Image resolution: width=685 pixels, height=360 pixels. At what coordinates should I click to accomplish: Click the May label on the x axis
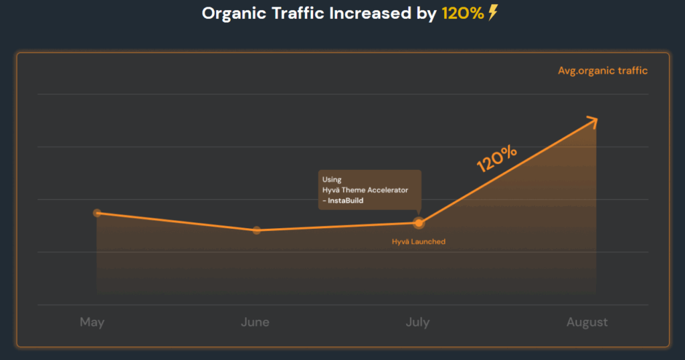pyautogui.click(x=92, y=322)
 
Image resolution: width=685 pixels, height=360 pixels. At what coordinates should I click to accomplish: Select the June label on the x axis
pyautogui.click(x=255, y=322)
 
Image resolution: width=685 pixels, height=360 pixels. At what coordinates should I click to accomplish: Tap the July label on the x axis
pyautogui.click(x=417, y=322)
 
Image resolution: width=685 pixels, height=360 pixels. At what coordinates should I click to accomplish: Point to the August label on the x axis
pyautogui.click(x=587, y=322)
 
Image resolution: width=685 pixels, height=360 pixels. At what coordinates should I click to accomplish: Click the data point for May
pyautogui.click(x=97, y=213)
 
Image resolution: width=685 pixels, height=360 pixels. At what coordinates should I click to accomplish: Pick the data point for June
pyautogui.click(x=257, y=230)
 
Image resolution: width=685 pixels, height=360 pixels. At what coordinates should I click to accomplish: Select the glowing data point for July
pyautogui.click(x=419, y=223)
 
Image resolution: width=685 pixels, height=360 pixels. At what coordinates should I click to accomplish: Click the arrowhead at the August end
pyautogui.click(x=592, y=120)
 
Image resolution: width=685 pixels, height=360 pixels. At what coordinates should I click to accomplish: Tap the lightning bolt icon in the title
pyautogui.click(x=493, y=13)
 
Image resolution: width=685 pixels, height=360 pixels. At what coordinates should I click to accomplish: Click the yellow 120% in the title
pyautogui.click(x=462, y=13)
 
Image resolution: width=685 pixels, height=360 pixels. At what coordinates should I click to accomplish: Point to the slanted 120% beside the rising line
pyautogui.click(x=496, y=159)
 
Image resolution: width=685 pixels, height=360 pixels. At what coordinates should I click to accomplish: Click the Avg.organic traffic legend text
pyautogui.click(x=603, y=70)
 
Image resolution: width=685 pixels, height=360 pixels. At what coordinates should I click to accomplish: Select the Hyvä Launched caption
pyautogui.click(x=418, y=242)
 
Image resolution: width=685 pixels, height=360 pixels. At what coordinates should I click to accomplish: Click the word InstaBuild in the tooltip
pyautogui.click(x=346, y=201)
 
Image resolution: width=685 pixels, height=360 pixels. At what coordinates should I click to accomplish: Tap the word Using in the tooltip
pyautogui.click(x=332, y=179)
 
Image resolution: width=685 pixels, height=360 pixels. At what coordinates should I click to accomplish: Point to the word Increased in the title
pyautogui.click(x=365, y=13)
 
